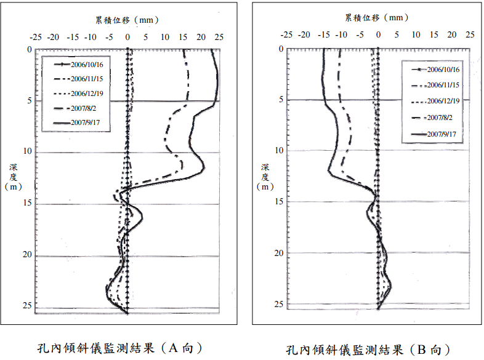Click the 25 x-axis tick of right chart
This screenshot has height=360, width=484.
coord(470,34)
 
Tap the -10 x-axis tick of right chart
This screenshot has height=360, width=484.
coord(341,34)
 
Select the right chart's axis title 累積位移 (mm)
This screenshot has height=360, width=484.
coord(377,18)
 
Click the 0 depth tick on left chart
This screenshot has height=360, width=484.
coord(30,49)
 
